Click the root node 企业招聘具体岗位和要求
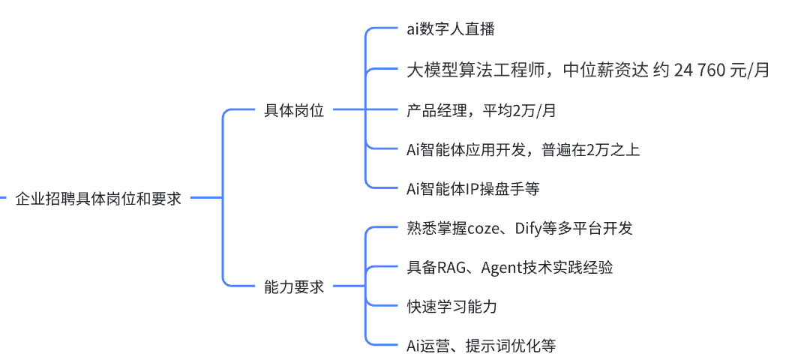[98, 199]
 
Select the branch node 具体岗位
[294, 110]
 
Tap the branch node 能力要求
[294, 286]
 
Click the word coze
[484, 228]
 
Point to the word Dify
[529, 228]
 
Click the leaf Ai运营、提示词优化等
[481, 346]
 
